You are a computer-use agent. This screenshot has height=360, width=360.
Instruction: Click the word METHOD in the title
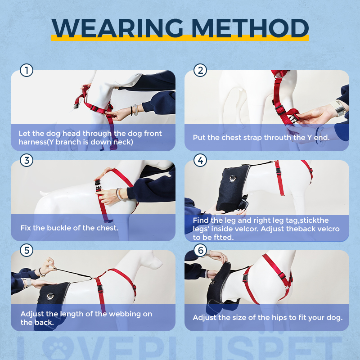[250, 28]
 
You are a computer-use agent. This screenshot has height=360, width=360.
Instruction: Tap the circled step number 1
[27, 70]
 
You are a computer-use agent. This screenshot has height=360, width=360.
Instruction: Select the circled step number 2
[200, 70]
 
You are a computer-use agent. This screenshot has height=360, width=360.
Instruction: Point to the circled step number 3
[27, 160]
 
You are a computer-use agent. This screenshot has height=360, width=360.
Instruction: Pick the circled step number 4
[200, 160]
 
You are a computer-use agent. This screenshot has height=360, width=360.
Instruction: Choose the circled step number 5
[27, 250]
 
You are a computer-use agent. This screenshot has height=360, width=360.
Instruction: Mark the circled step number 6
[200, 250]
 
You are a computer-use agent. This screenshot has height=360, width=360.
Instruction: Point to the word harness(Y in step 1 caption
[36, 142]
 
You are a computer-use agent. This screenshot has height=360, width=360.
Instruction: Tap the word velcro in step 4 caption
[328, 229]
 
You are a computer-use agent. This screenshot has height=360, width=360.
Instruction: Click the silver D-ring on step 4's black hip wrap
[232, 178]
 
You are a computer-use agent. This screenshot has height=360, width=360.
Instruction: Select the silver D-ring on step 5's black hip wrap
[50, 297]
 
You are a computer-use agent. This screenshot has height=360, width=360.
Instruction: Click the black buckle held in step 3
[98, 185]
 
